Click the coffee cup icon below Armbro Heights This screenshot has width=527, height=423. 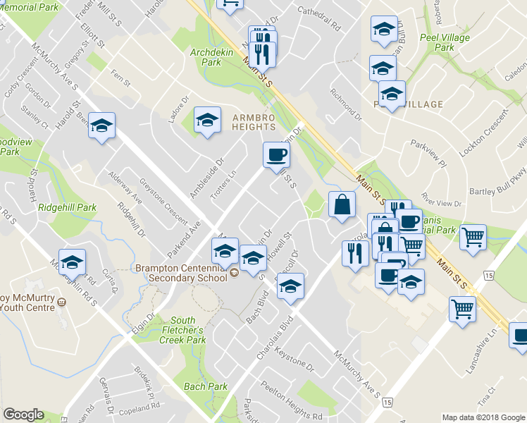point(275,154)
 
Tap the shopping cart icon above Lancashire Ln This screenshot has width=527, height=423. point(462,307)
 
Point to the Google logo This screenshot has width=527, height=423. point(23,415)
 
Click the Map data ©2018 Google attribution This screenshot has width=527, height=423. point(483,417)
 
